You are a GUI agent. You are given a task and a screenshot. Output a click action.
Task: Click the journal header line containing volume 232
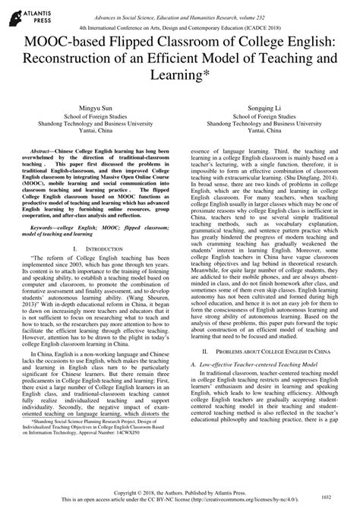(x=179, y=7)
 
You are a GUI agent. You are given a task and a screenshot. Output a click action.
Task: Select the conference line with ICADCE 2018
(x=179, y=22)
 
